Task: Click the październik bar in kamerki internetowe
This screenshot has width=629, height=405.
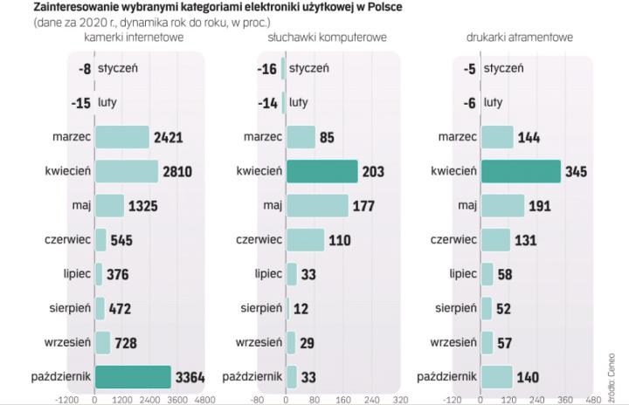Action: pos(133,376)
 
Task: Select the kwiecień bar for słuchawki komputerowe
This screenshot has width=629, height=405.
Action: pos(321,171)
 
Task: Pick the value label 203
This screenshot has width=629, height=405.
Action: pos(375,171)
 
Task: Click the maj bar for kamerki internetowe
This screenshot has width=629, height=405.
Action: pos(109,205)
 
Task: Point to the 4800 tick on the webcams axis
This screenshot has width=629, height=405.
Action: pos(204,398)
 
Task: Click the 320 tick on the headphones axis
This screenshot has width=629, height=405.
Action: pos(399,398)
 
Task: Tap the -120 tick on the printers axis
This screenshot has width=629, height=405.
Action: pos(452,398)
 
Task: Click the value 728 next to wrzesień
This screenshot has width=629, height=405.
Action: pos(126,342)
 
